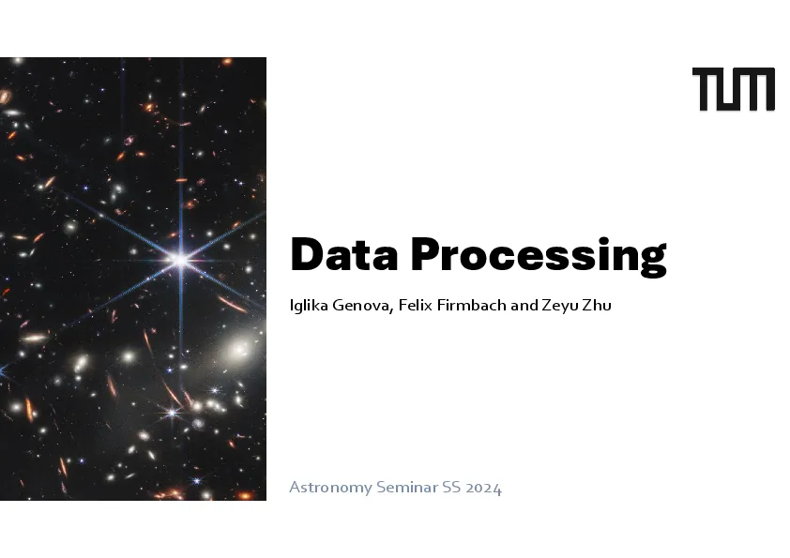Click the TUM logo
[x=734, y=89]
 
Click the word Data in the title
[x=344, y=254]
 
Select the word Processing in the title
[x=539, y=257]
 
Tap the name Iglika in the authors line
[x=309, y=305]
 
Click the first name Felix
[x=415, y=305]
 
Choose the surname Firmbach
[x=471, y=305]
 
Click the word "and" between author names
[x=524, y=305]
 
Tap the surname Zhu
[x=597, y=305]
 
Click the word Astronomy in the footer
[x=330, y=488]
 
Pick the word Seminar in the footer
[x=407, y=487]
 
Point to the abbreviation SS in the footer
[x=451, y=487]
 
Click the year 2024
[x=484, y=488]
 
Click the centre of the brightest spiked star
[x=180, y=260]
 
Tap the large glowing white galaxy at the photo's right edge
[x=241, y=349]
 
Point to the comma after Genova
[x=391, y=310]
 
